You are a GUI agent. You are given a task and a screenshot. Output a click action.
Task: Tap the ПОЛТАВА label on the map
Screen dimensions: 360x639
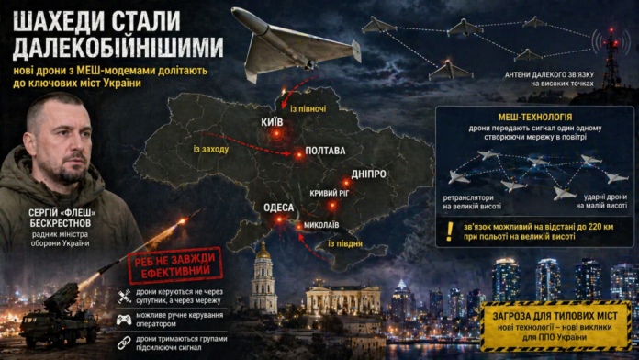point(319,151)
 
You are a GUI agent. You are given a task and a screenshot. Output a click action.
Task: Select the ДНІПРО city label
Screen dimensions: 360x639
point(368,174)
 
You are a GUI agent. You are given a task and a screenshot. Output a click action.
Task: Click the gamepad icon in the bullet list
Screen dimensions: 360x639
point(122,319)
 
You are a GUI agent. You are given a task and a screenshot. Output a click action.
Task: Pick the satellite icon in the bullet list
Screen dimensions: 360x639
point(122,296)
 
